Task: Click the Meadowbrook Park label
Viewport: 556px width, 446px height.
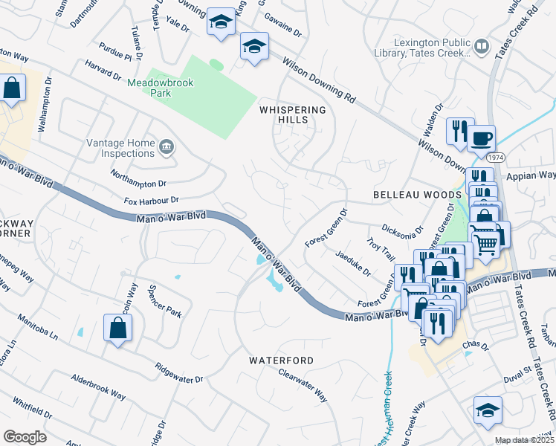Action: [x=160, y=88]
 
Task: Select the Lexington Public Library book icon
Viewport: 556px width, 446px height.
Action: [x=482, y=48]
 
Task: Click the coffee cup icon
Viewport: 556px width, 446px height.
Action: [x=481, y=138]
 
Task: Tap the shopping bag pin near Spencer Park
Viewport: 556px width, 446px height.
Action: [x=117, y=328]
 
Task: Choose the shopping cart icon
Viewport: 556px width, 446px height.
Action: [x=486, y=242]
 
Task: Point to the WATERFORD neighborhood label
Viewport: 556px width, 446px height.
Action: [x=281, y=361]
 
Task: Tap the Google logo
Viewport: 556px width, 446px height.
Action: [x=25, y=436]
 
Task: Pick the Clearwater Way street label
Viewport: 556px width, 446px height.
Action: [x=303, y=385]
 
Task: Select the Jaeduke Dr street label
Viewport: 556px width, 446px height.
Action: [x=353, y=262]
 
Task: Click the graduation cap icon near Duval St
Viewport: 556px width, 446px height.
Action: [x=488, y=410]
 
